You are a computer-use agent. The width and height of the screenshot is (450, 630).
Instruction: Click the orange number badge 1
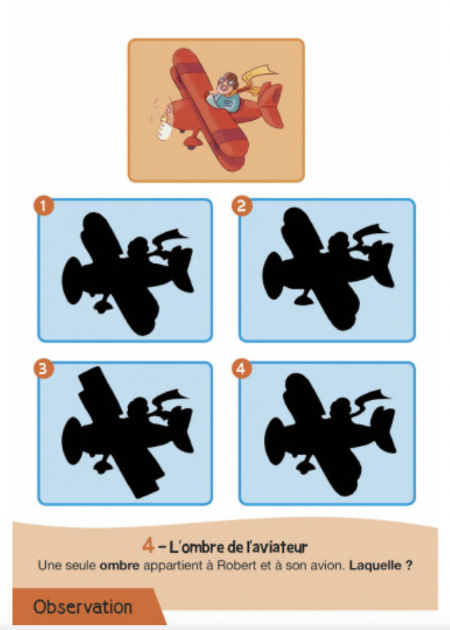pyautogui.click(x=44, y=205)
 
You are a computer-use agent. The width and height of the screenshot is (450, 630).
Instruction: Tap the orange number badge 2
pyautogui.click(x=242, y=205)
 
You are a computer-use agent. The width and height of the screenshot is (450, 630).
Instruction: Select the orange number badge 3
pyautogui.click(x=44, y=368)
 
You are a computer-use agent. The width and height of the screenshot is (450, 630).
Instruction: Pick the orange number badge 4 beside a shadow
pyautogui.click(x=242, y=368)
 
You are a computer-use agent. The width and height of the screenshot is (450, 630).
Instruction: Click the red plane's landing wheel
pyautogui.click(x=191, y=142)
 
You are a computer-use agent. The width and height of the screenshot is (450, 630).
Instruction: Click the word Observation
pyautogui.click(x=83, y=607)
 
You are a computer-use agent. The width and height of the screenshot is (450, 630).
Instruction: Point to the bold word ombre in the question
pyautogui.click(x=119, y=566)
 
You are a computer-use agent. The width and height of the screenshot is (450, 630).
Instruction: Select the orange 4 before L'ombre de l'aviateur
pyautogui.click(x=148, y=546)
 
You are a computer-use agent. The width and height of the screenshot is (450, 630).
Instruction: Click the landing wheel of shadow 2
pyautogui.click(x=303, y=299)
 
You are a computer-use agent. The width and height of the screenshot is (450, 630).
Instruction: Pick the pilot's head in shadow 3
pyautogui.click(x=138, y=407)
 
